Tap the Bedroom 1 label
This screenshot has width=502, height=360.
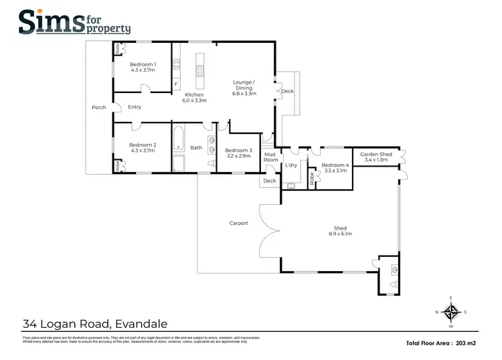click(143, 66)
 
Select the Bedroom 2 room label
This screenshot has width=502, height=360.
click(143, 148)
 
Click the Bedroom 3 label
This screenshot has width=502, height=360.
click(238, 153)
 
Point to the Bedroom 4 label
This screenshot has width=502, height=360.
click(334, 168)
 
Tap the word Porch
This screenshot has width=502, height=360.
click(99, 107)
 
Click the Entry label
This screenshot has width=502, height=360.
click(135, 107)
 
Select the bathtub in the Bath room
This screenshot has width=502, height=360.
click(179, 139)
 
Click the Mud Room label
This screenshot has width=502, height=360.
click(270, 157)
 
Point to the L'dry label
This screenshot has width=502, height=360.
click(291, 165)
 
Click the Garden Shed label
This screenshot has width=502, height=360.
click(375, 157)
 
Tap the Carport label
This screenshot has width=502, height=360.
click(238, 223)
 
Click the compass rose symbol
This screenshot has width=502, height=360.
click(452, 312)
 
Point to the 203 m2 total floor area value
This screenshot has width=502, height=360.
click(464, 343)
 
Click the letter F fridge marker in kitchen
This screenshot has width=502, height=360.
click(175, 85)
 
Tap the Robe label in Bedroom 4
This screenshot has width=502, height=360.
click(312, 179)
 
